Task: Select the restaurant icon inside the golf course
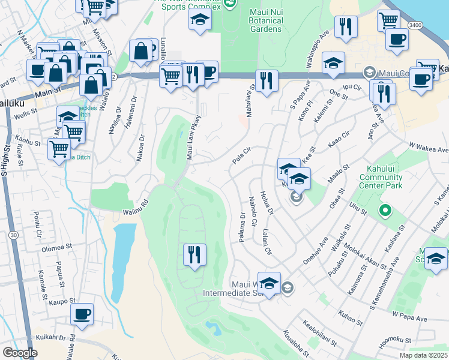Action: [x=195, y=256]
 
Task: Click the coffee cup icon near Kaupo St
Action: [x=82, y=314]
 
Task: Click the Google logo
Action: [x=20, y=353]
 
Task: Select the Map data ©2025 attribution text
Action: [x=423, y=355]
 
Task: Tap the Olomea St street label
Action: [x=56, y=247]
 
